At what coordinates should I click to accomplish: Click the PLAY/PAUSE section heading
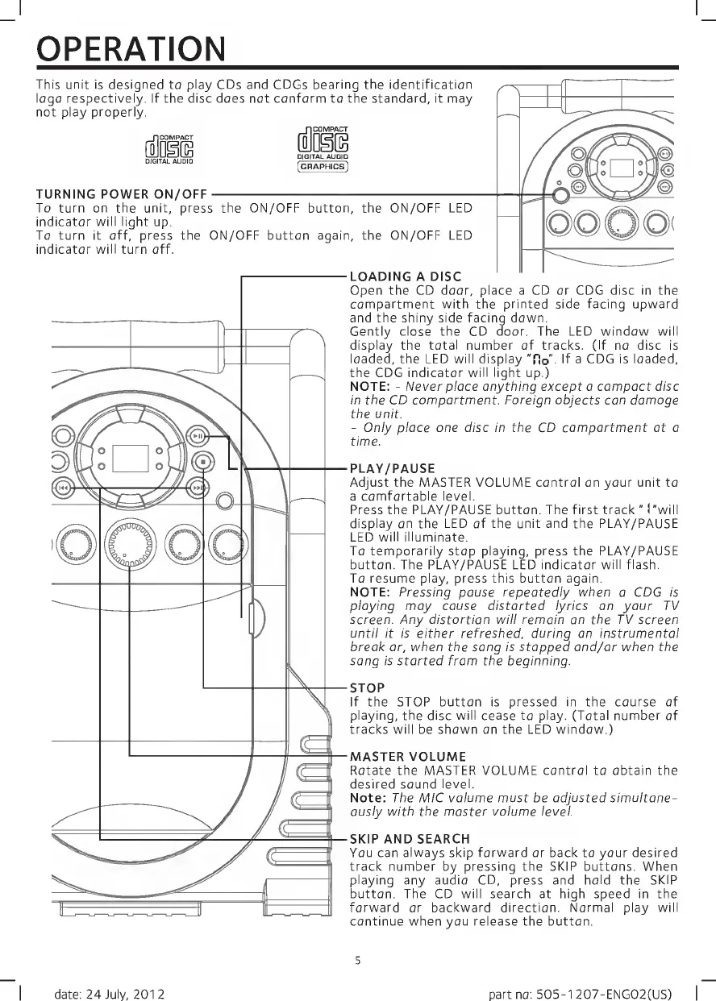pyautogui.click(x=392, y=468)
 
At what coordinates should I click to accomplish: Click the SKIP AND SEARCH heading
pyautogui.click(x=409, y=839)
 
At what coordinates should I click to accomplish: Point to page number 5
pyautogui.click(x=357, y=959)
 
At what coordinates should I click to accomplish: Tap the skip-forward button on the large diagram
pyautogui.click(x=198, y=488)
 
